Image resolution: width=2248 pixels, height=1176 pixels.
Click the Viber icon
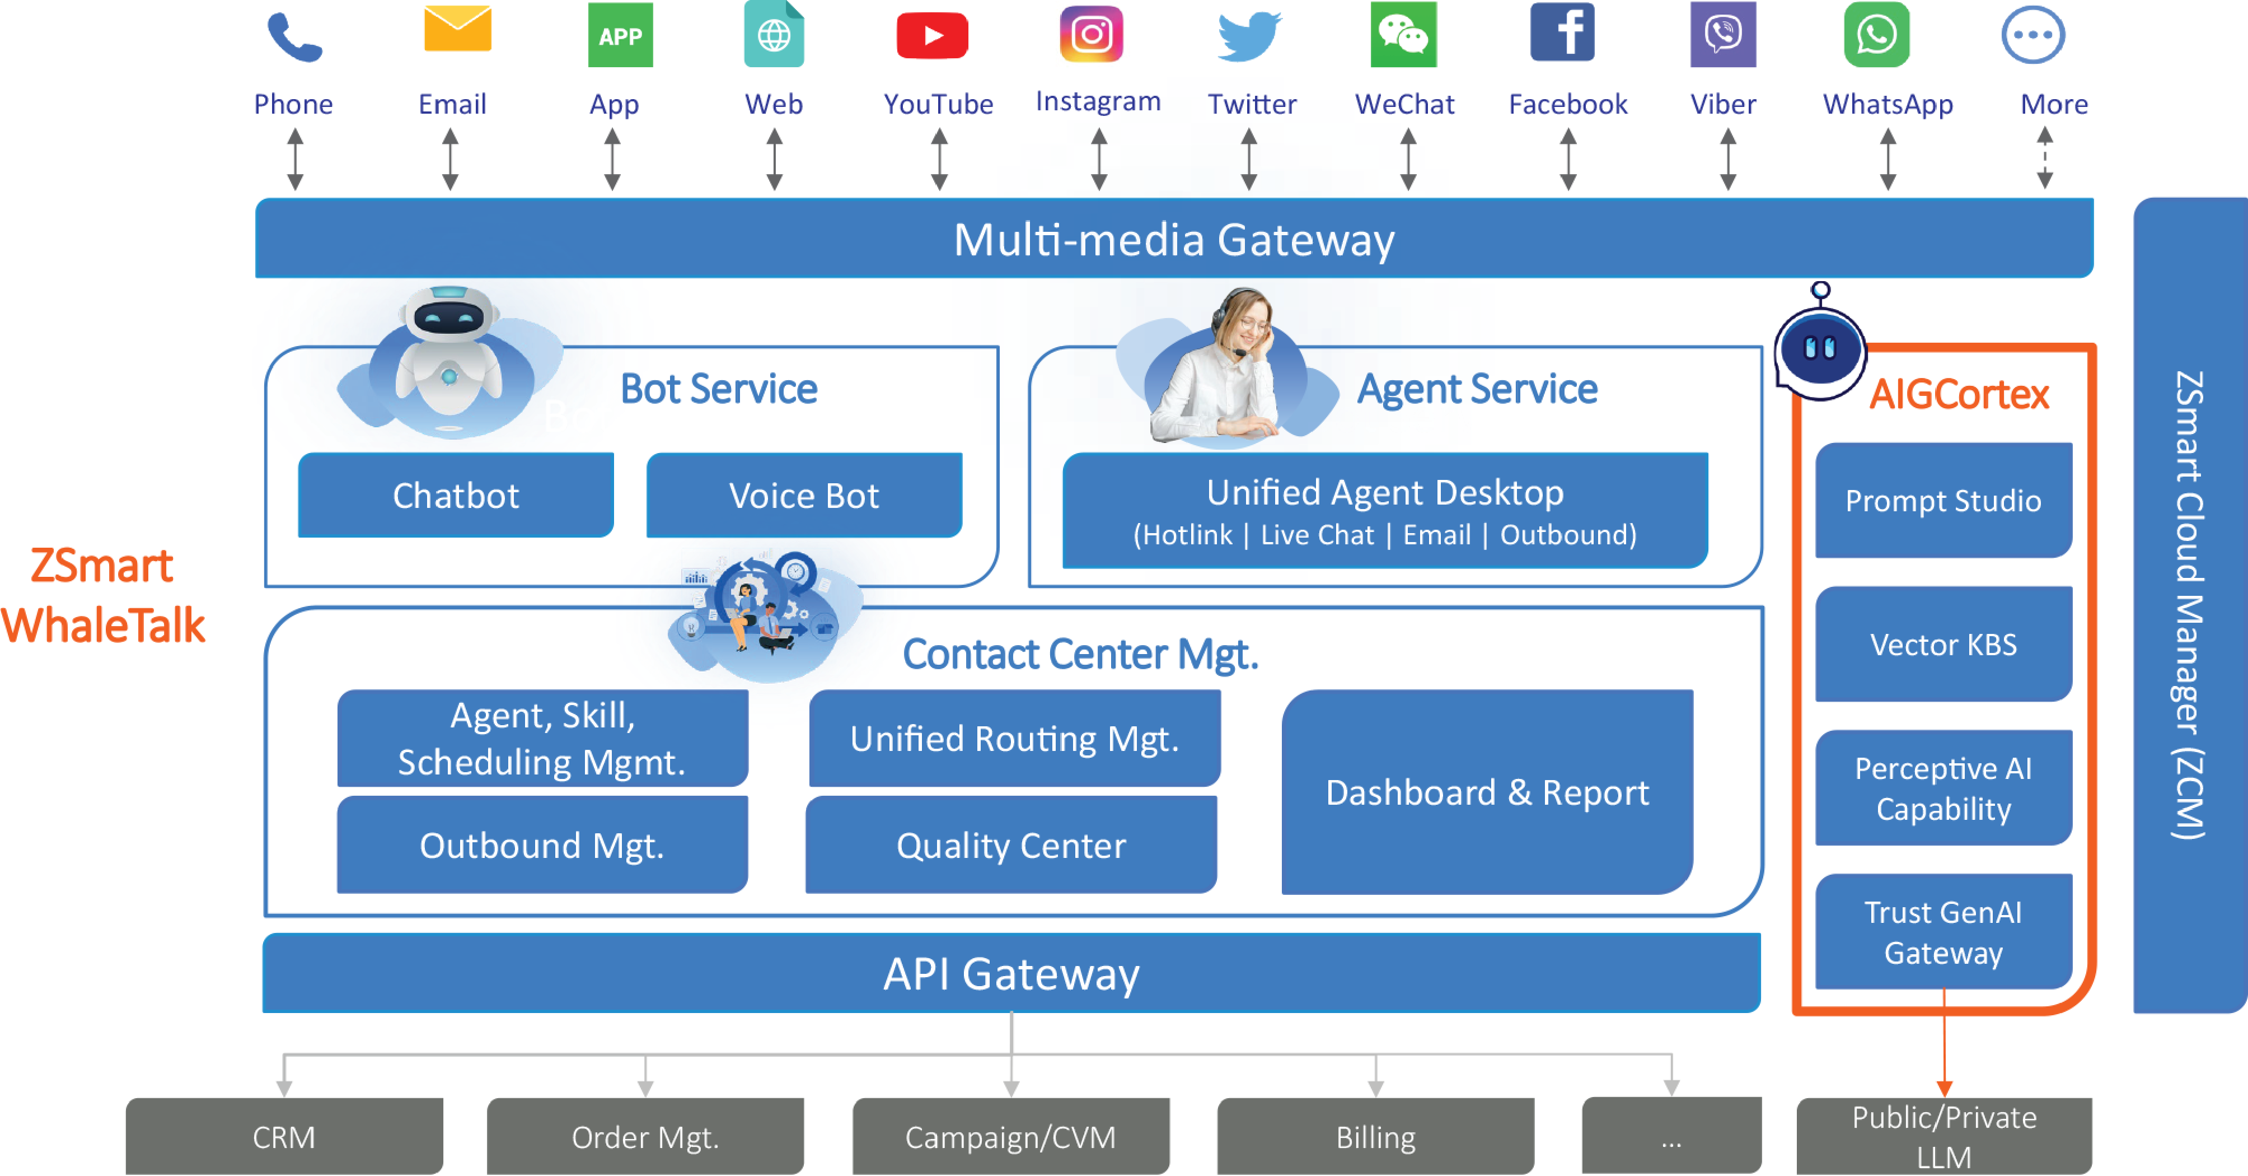[x=1722, y=35]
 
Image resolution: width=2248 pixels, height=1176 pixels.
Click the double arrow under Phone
[x=295, y=160]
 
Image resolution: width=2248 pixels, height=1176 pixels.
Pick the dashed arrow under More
[x=2045, y=160]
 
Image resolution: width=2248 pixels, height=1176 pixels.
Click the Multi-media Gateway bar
[x=1174, y=239]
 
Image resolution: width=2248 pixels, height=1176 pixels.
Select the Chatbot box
[x=456, y=495]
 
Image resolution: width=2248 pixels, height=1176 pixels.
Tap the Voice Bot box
[x=804, y=495]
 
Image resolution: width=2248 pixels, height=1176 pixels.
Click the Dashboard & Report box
[x=1487, y=792]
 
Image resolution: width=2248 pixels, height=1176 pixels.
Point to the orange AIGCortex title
[x=1958, y=395]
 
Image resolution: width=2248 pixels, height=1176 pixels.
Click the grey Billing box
[x=1375, y=1137]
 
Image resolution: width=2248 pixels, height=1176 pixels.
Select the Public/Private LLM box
[x=1943, y=1137]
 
